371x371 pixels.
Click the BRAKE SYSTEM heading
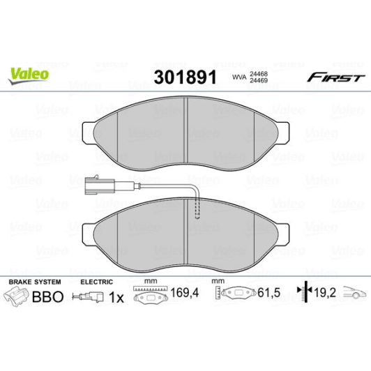pos(34,281)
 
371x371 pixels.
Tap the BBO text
pos(48,296)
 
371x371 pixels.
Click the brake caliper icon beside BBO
pos(18,296)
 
